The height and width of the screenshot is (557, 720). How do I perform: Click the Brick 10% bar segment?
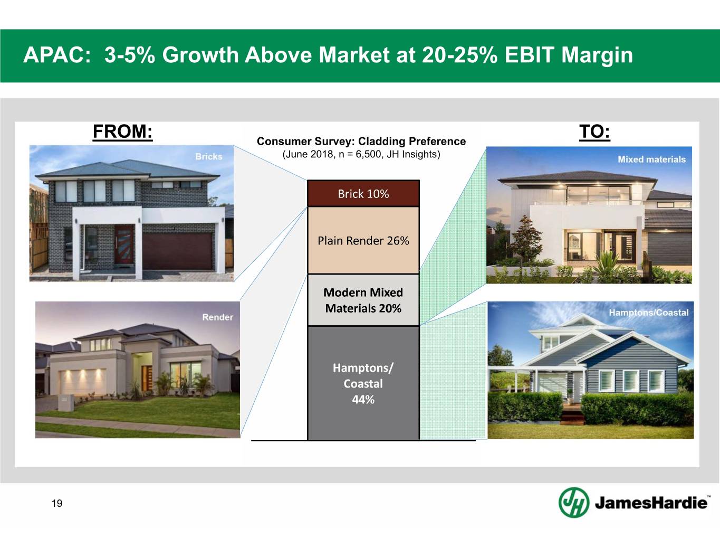[x=363, y=193]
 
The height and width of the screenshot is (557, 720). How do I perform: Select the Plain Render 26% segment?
[x=363, y=240]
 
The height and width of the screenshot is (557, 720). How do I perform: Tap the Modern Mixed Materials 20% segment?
[x=363, y=300]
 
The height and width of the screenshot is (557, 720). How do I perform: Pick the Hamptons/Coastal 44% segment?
[x=363, y=383]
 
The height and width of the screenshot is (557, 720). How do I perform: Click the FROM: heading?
[x=122, y=131]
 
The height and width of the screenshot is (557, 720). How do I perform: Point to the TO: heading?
[x=594, y=131]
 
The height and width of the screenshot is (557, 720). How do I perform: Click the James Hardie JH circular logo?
[x=574, y=502]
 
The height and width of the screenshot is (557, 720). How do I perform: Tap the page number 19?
[x=56, y=503]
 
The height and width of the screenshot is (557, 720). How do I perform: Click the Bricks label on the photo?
[x=208, y=156]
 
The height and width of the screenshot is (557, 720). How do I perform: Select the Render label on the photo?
[x=217, y=317]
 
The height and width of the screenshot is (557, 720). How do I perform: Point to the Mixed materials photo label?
[x=651, y=159]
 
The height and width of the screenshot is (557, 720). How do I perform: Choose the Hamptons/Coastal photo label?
[x=648, y=313]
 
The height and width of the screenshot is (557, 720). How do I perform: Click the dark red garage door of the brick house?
[x=178, y=251]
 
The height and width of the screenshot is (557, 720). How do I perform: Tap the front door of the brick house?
[x=124, y=244]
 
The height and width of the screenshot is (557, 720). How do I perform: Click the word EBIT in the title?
[x=529, y=55]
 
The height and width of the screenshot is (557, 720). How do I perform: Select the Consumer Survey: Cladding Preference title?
[x=361, y=141]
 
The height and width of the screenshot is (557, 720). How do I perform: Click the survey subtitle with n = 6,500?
[x=361, y=154]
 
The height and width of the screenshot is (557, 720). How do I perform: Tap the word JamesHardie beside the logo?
[x=651, y=503]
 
